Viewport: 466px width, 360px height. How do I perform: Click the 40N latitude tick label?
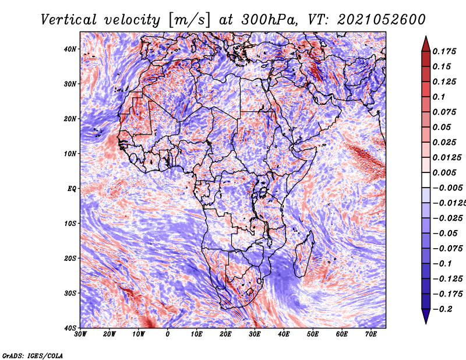click(x=70, y=49)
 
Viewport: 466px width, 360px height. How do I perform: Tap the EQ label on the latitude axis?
click(x=72, y=189)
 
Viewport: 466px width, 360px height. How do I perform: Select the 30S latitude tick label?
click(x=70, y=293)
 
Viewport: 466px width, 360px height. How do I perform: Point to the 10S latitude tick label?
click(x=70, y=223)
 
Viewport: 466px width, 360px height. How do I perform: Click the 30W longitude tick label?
click(x=80, y=334)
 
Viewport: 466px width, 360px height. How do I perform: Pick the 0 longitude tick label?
click(x=168, y=334)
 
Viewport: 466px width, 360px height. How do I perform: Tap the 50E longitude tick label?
click(x=313, y=334)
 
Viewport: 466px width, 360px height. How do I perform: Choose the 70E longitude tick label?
click(x=371, y=334)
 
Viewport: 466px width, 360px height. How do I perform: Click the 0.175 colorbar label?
click(x=444, y=52)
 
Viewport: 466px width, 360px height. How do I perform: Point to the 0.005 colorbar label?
click(x=444, y=172)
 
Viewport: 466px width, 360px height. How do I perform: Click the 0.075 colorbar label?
click(x=444, y=112)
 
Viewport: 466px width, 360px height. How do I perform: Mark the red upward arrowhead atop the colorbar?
click(x=426, y=44)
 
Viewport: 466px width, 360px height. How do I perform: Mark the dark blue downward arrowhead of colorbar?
click(x=426, y=316)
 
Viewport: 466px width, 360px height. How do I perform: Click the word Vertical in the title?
click(x=69, y=20)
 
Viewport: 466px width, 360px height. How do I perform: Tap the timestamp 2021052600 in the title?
click(x=382, y=20)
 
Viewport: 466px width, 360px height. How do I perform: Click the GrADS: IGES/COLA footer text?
click(x=33, y=355)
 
